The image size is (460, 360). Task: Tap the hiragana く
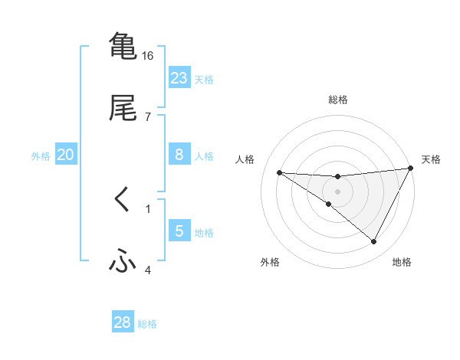(123, 200)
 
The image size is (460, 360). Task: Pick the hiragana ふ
(123, 262)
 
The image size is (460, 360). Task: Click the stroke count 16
(148, 56)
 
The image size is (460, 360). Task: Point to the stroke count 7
(148, 116)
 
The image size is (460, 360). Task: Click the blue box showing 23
(179, 78)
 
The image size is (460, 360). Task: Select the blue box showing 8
(179, 155)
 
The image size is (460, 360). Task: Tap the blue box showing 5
(179, 231)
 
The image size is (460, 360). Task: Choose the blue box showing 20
(66, 155)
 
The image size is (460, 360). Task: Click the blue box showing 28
(123, 322)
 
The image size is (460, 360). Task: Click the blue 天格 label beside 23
(204, 79)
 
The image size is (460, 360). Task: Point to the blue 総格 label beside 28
(147, 323)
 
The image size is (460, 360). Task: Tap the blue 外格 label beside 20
(41, 156)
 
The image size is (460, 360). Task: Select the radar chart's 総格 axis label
(338, 100)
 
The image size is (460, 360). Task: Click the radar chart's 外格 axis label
(269, 262)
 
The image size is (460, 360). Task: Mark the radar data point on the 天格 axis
(411, 169)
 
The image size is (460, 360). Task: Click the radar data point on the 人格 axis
(279, 172)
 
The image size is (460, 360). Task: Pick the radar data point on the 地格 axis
(374, 242)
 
